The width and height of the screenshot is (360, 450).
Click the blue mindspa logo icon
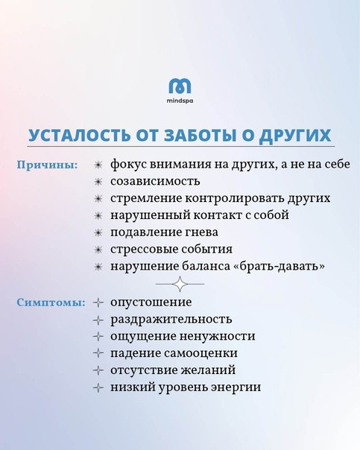(x=180, y=86)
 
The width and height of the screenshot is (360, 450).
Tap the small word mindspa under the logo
(x=180, y=101)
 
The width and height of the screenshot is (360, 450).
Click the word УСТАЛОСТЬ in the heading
(x=79, y=135)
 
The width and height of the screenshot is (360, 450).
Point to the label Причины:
(x=48, y=165)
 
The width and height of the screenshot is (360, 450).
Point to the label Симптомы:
(x=51, y=302)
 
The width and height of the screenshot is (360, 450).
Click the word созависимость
(x=155, y=181)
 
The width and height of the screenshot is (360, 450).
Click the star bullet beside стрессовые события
(x=98, y=250)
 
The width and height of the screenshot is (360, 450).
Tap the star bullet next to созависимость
(x=98, y=182)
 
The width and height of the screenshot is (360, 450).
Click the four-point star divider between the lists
(x=180, y=284)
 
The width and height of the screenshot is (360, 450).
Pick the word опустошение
(x=151, y=302)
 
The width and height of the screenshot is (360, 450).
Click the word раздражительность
(x=171, y=320)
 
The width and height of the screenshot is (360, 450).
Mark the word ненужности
(x=217, y=336)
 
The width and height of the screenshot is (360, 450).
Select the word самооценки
(x=200, y=353)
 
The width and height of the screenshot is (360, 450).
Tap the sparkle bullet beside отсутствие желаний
(x=98, y=370)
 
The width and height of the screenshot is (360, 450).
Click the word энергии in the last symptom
(x=236, y=387)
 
